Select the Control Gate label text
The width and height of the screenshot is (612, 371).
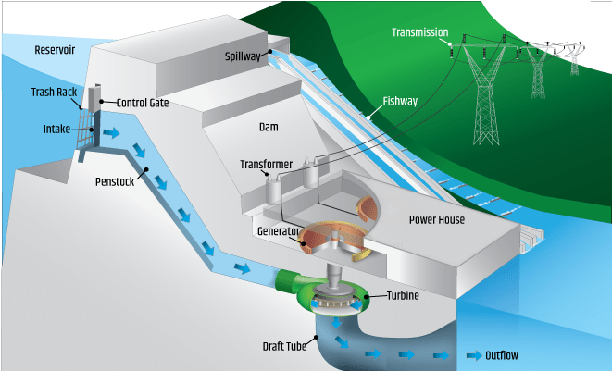(x=142, y=103)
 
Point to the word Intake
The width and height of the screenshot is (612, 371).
(x=56, y=129)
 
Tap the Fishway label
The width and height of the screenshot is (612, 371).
(x=401, y=102)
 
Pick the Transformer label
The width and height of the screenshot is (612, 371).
(x=267, y=165)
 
